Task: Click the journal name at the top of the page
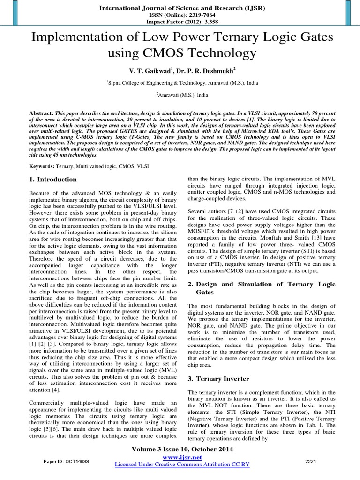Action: pyautogui.click(x=180, y=8)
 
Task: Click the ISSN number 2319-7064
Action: pyautogui.click(x=194, y=15)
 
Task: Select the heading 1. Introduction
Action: pyautogui.click(x=52, y=180)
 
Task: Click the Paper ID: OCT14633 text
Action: pyautogui.click(x=67, y=461)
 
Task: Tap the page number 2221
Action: pyautogui.click(x=311, y=461)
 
